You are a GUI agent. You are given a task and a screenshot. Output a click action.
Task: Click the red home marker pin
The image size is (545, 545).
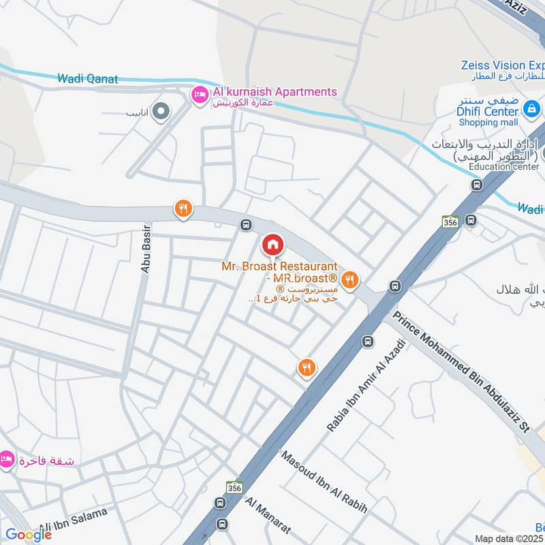tap(272, 244)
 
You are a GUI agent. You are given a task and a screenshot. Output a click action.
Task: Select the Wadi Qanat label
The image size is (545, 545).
tap(87, 79)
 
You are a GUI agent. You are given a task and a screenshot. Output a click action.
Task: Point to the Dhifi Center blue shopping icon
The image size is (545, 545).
tap(533, 108)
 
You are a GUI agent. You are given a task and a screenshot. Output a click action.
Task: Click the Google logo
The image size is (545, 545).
tap(29, 535)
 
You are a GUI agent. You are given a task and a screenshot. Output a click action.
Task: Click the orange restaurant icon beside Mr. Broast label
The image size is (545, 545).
tap(350, 278)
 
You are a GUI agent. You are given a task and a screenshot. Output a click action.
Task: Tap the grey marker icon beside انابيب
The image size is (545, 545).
tap(161, 111)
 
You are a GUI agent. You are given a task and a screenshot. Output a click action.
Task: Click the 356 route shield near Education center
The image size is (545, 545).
tap(450, 221)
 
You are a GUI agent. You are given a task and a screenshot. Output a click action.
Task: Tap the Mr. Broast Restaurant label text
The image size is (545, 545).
tap(279, 266)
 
